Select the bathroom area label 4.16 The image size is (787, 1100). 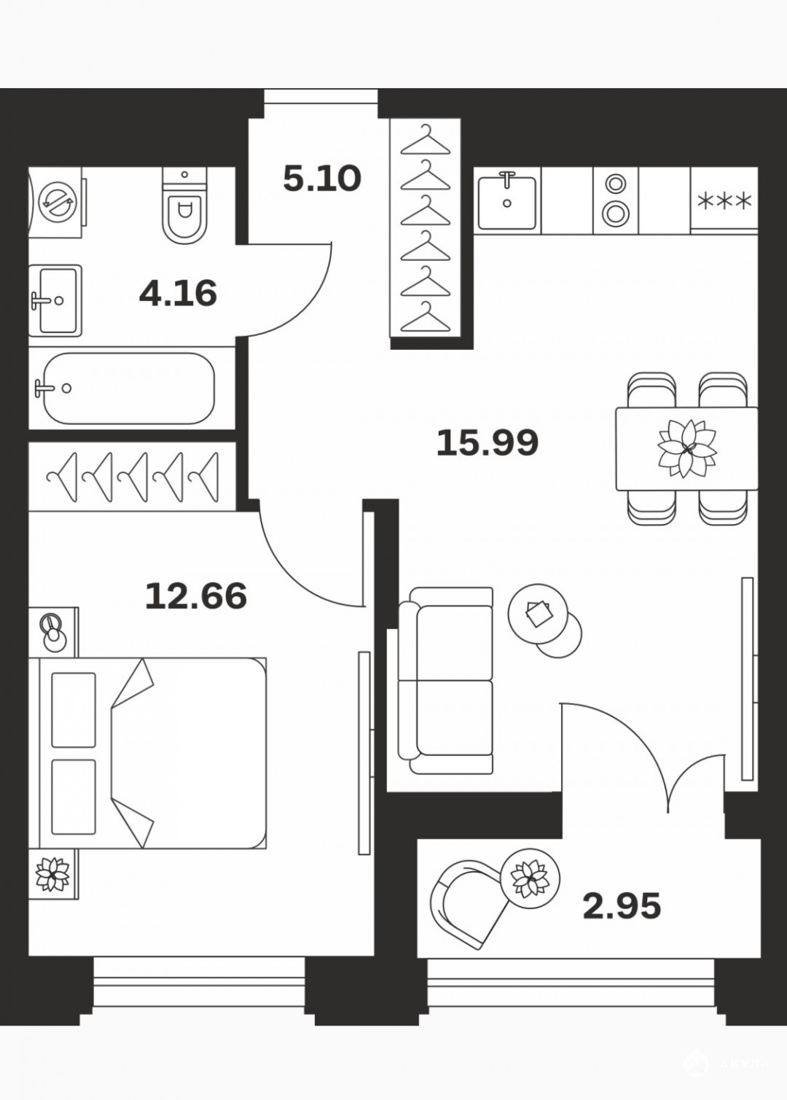tap(178, 294)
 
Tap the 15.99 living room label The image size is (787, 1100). tap(487, 442)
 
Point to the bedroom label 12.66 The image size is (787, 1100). tap(196, 596)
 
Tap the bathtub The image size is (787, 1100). tap(129, 388)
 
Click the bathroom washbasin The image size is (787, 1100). tap(55, 300)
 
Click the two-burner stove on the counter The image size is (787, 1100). tap(616, 200)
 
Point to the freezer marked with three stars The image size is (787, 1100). tap(724, 200)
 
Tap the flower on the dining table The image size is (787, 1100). tap(687, 448)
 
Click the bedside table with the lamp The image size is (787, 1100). tap(53, 632)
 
